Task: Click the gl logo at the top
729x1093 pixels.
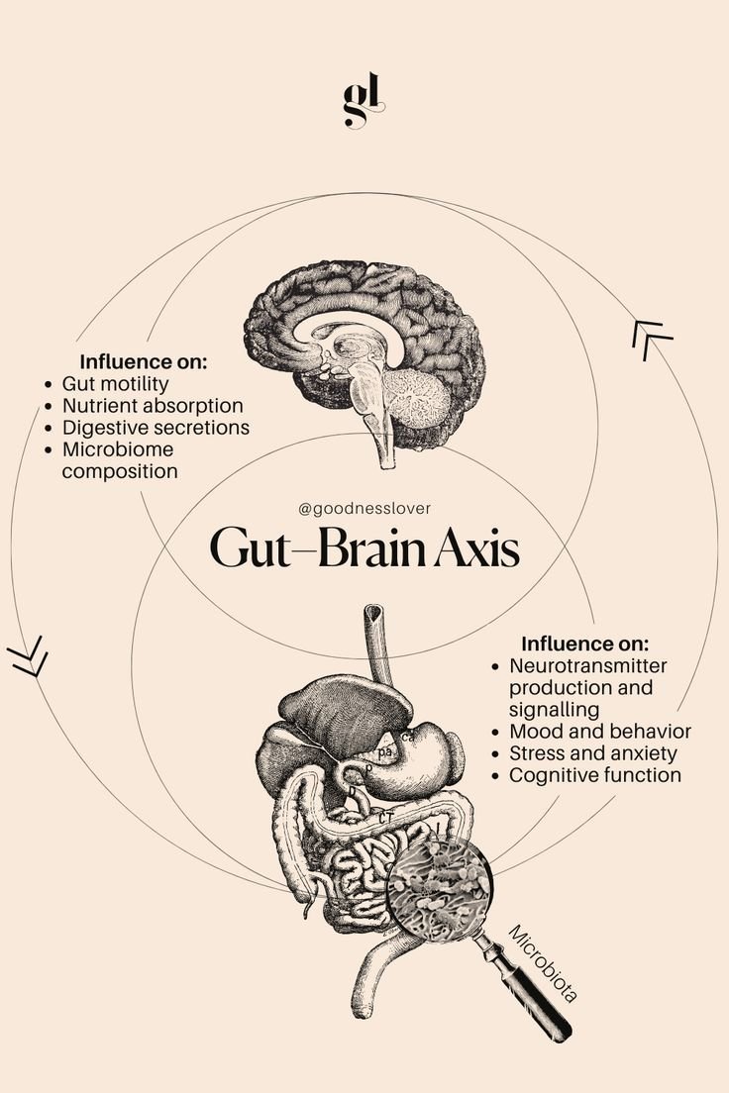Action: [364, 103]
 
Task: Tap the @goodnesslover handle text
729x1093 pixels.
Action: [364, 509]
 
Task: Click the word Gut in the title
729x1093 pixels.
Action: [250, 548]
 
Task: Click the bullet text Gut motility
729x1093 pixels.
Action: [115, 383]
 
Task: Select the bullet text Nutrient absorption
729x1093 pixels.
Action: [153, 405]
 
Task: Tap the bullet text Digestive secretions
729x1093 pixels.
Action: [156, 428]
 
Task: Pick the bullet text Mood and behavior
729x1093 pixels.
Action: [600, 732]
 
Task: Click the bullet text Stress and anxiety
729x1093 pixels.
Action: [592, 753]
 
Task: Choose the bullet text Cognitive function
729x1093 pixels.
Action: [595, 775]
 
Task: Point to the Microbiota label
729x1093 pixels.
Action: [543, 963]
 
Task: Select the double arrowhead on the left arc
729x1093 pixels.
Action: [28, 659]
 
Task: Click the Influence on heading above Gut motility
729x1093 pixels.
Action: [144, 361]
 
